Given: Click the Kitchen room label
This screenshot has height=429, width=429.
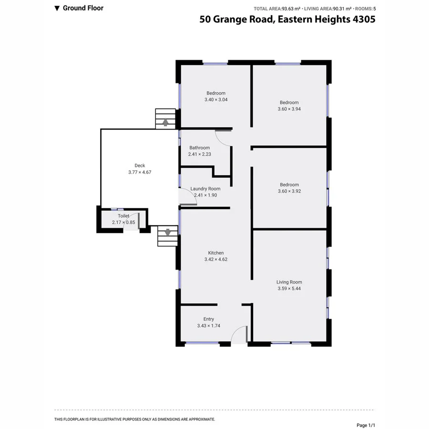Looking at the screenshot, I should pyautogui.click(x=215, y=253).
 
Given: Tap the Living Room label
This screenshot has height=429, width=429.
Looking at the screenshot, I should pyautogui.click(x=289, y=282).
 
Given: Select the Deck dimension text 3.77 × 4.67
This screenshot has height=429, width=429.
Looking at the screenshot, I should pyautogui.click(x=140, y=172).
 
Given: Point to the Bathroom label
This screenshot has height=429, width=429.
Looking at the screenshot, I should pyautogui.click(x=199, y=148).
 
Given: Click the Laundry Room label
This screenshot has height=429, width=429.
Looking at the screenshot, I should pyautogui.click(x=205, y=189).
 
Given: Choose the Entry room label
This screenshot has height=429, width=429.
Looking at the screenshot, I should pyautogui.click(x=208, y=319).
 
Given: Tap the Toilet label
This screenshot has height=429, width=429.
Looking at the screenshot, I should pyautogui.click(x=117, y=216).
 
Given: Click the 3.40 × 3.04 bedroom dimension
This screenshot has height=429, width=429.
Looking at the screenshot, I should pyautogui.click(x=216, y=100).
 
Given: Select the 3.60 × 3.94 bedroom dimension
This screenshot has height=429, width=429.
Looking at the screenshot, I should pyautogui.click(x=289, y=109).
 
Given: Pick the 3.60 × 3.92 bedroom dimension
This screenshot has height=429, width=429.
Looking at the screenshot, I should pyautogui.click(x=289, y=191).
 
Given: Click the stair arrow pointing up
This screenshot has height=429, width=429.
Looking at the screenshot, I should pyautogui.click(x=165, y=122).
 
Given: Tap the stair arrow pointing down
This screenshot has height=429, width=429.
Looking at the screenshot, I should pyautogui.click(x=167, y=233).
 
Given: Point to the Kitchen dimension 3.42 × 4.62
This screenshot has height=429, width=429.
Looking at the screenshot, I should pyautogui.click(x=215, y=260).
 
